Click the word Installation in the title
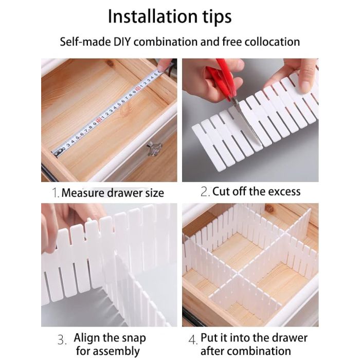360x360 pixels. (x=153, y=16)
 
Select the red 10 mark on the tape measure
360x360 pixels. (x=99, y=120)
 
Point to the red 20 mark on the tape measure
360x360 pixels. (x=138, y=88)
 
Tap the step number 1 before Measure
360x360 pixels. (x=56, y=193)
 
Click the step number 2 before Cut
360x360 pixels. (x=205, y=192)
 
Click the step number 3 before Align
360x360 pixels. (x=62, y=340)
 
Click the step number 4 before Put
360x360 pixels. (x=193, y=340)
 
